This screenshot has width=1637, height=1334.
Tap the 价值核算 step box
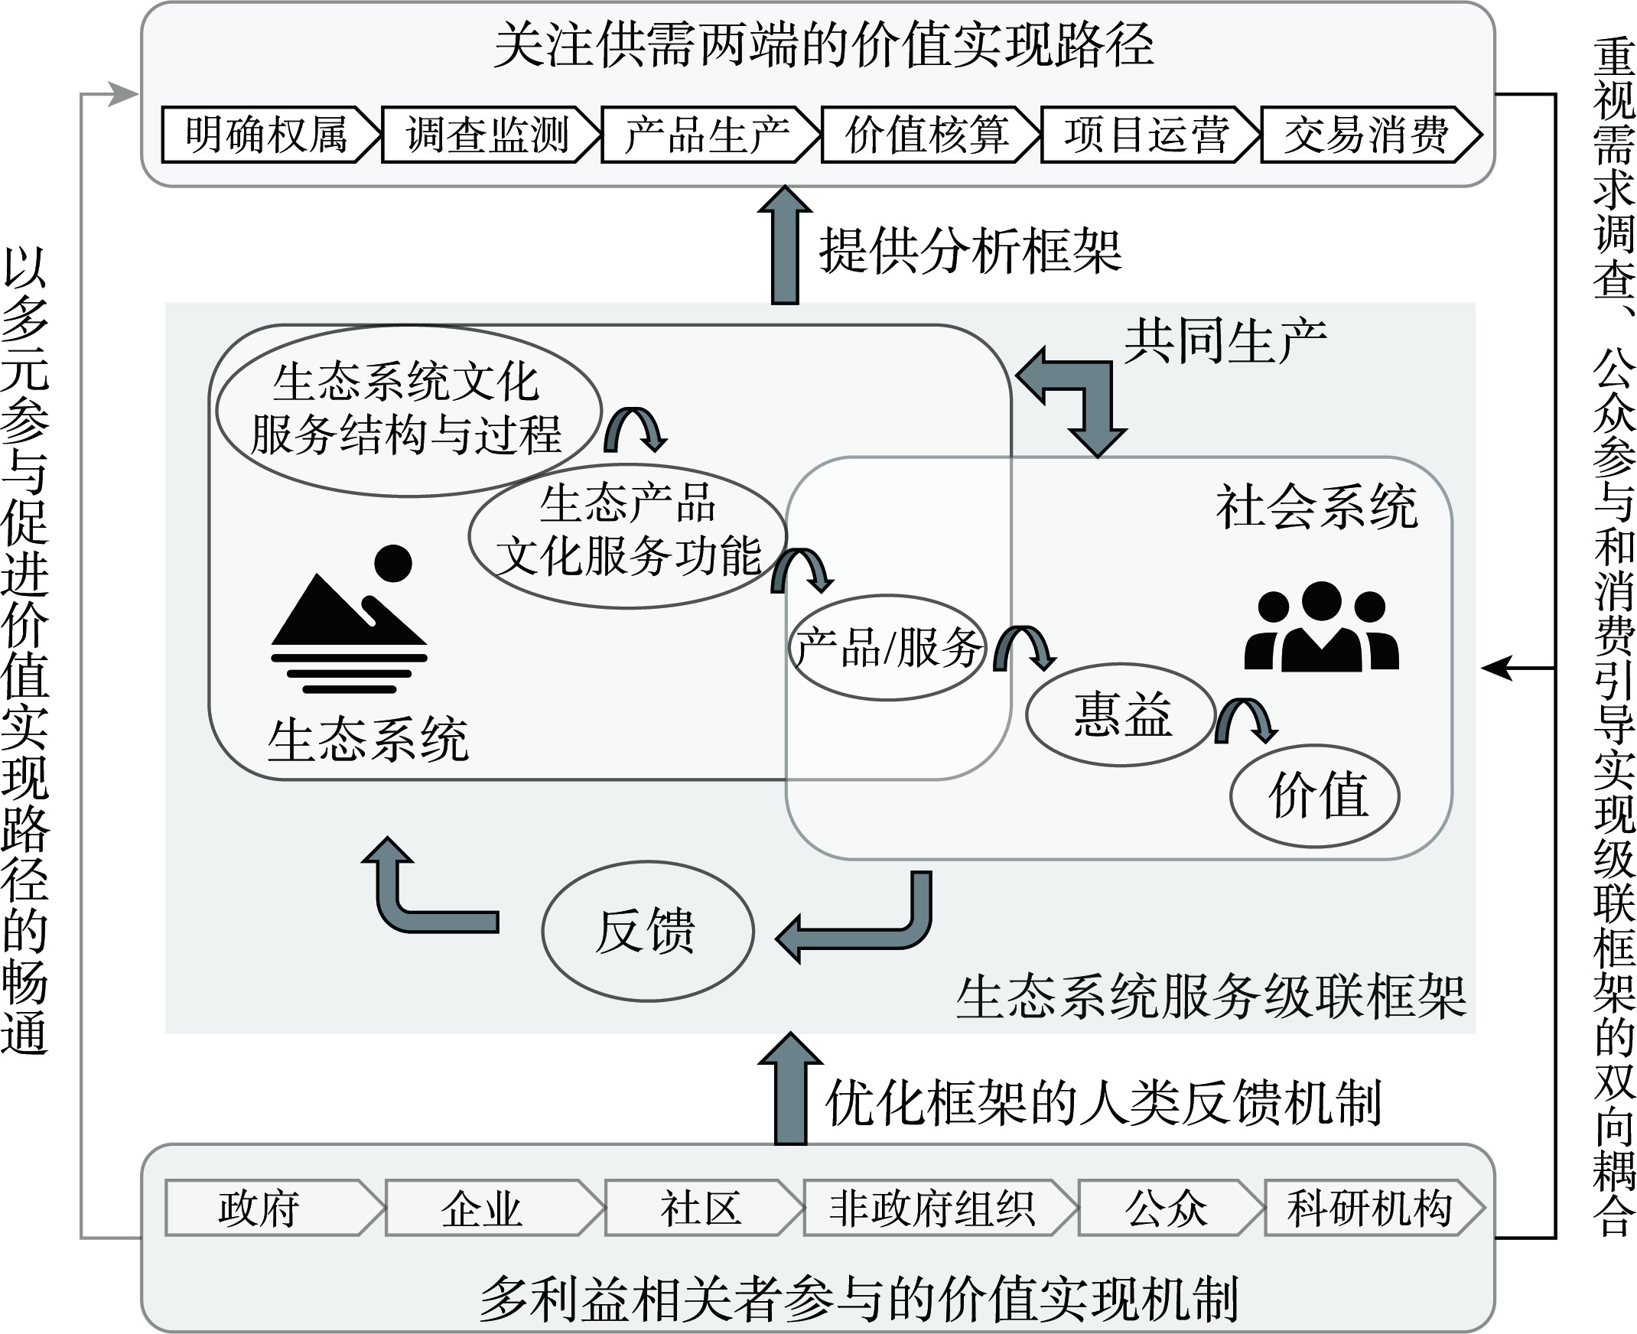click(x=927, y=135)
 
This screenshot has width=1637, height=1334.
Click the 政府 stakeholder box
click(x=260, y=1209)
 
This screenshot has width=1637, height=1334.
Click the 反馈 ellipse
click(x=647, y=932)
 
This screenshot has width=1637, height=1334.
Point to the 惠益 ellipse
click(x=1121, y=714)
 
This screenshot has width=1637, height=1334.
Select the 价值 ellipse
click(x=1315, y=796)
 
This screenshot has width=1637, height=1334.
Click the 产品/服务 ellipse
click(x=887, y=648)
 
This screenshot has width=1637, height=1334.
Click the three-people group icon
click(x=1321, y=626)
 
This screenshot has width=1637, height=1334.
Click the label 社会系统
click(x=1316, y=507)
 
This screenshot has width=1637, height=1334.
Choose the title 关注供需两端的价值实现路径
click(x=823, y=46)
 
